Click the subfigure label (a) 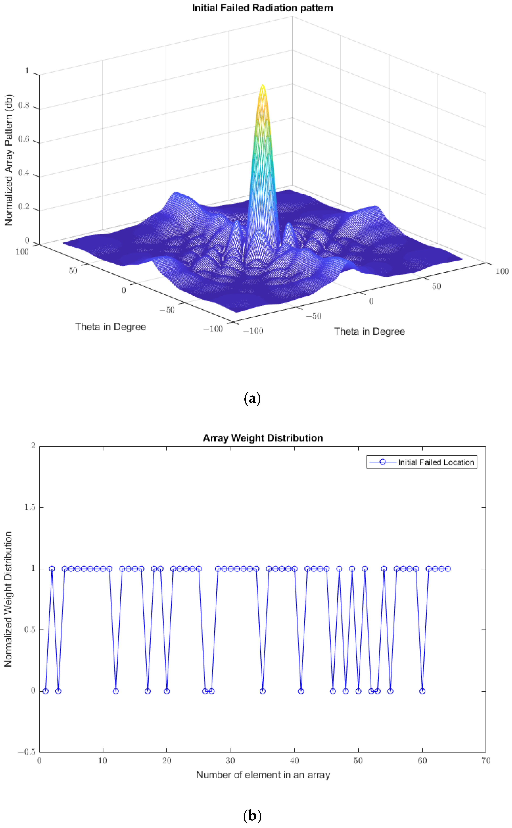tap(252, 399)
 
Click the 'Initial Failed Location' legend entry tap(436, 462)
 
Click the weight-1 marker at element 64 tap(448, 569)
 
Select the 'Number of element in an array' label tap(263, 775)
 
